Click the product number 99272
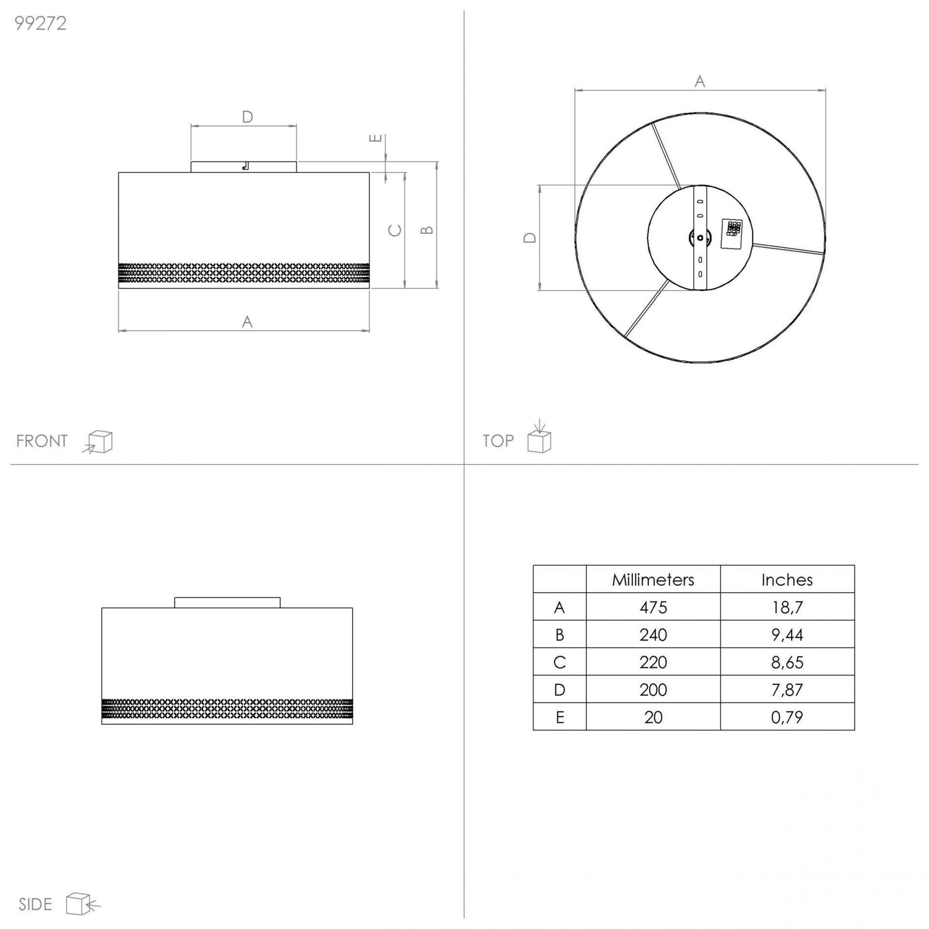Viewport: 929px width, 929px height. click(41, 24)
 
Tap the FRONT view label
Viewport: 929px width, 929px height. click(42, 441)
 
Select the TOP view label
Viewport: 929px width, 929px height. click(498, 441)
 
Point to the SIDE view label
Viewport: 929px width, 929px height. click(35, 904)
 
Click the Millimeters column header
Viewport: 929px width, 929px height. click(653, 580)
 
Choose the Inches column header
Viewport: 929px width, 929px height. click(787, 580)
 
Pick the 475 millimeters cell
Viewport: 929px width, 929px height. click(653, 607)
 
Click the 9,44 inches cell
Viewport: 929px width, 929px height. click(787, 635)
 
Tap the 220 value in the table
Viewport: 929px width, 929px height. click(653, 662)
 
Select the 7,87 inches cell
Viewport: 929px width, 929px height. click(787, 689)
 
